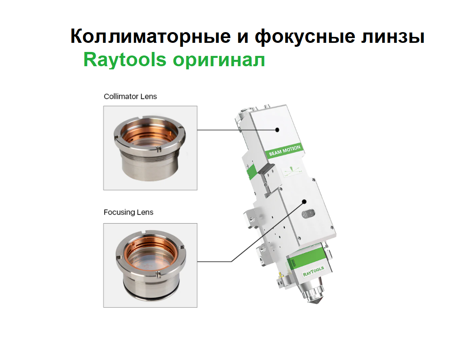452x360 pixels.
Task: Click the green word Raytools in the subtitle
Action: click(124, 60)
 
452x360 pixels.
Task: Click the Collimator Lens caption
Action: click(130, 96)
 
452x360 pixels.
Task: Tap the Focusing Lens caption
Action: click(128, 212)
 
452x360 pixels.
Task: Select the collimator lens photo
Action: click(150, 147)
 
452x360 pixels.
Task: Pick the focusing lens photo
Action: click(150, 265)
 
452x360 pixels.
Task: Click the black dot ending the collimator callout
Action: click(278, 130)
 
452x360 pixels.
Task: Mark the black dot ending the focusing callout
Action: click(305, 201)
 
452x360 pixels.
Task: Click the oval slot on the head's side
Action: click(308, 214)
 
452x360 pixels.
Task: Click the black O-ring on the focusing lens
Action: click(150, 295)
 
